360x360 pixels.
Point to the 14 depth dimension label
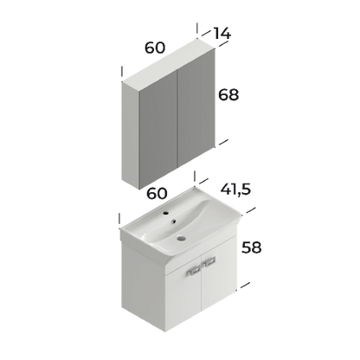coord(227,34)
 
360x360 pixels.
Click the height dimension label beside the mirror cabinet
coord(229,94)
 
